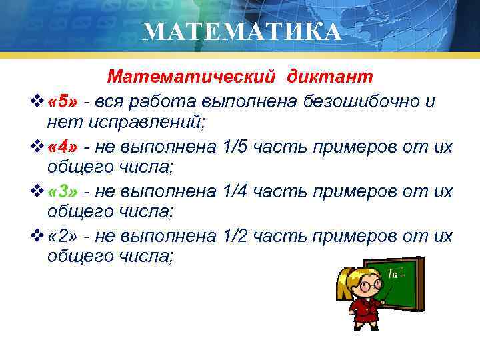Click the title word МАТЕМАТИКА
(242, 31)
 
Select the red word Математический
(191, 77)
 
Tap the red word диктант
(330, 77)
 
